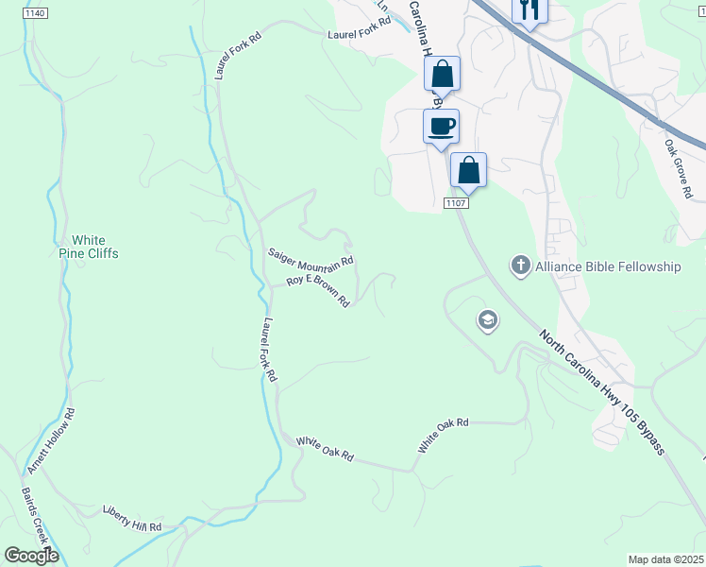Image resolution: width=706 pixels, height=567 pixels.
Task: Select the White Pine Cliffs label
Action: pyautogui.click(x=89, y=247)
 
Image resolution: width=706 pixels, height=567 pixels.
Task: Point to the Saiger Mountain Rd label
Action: pyautogui.click(x=311, y=256)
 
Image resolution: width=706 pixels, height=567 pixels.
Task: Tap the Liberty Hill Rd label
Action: pyautogui.click(x=132, y=526)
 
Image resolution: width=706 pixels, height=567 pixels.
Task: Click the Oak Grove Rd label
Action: pyautogui.click(x=678, y=169)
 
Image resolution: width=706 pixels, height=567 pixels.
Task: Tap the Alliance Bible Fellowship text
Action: pyautogui.click(x=608, y=266)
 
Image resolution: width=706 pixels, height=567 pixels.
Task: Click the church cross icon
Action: pyautogui.click(x=520, y=266)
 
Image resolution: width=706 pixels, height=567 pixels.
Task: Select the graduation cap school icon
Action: pyautogui.click(x=487, y=321)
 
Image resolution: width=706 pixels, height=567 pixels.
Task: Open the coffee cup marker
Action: pyautogui.click(x=441, y=127)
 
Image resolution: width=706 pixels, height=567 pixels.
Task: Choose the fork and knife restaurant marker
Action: pyautogui.click(x=529, y=11)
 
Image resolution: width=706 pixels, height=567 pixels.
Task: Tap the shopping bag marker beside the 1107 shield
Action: pyautogui.click(x=468, y=171)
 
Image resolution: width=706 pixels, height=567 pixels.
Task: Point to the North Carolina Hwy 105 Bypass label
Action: pyautogui.click(x=603, y=390)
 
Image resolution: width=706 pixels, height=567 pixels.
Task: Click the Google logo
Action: pyautogui.click(x=31, y=555)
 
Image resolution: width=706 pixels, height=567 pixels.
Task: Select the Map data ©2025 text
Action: pyautogui.click(x=664, y=559)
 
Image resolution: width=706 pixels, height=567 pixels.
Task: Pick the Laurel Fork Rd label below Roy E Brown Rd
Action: pyautogui.click(x=269, y=349)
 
